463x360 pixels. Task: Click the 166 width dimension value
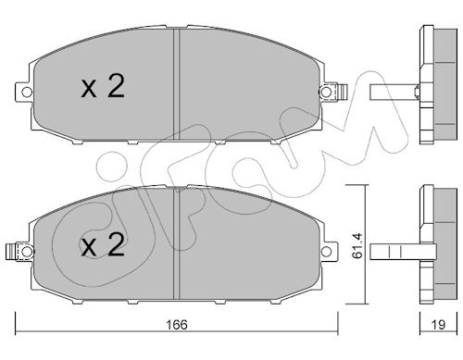pyautogui.click(x=177, y=325)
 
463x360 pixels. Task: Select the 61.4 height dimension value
pyautogui.click(x=357, y=245)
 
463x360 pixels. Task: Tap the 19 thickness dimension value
pyautogui.click(x=438, y=325)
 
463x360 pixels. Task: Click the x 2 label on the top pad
pyautogui.click(x=103, y=87)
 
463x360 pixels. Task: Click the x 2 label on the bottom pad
pyautogui.click(x=103, y=245)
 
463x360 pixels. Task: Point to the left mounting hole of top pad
pyautogui.click(x=27, y=92)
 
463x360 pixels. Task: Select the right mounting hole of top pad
pyautogui.click(x=325, y=92)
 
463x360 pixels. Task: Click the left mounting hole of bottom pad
pyautogui.click(x=27, y=252)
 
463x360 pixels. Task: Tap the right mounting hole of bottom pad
pyautogui.click(x=326, y=252)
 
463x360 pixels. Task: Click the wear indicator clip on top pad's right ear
pyautogui.click(x=343, y=92)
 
